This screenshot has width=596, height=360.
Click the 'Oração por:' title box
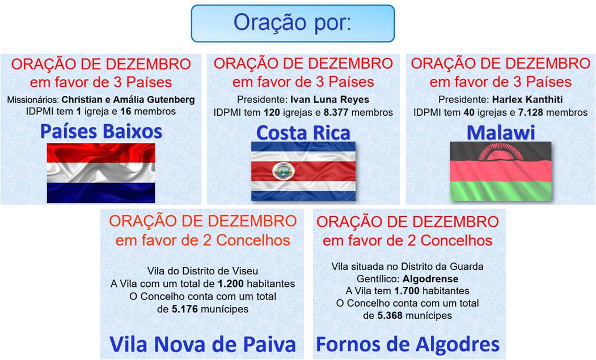pos(293,23)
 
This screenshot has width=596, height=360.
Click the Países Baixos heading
pos(101,131)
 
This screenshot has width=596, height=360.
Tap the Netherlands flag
pos(101,173)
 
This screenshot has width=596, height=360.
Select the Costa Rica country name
pos(303,132)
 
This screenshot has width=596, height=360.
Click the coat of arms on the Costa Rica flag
pos(283,171)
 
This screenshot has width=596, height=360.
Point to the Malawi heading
pos(501,132)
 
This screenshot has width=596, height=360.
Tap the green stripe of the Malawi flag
pos(501,190)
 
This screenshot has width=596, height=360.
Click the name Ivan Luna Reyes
pos(329,100)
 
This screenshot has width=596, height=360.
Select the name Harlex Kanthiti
pos(527,100)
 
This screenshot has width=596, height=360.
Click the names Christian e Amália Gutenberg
pos(128,100)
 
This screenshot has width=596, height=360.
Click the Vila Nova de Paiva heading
pos(202,344)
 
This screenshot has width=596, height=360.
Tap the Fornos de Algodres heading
pos(408,344)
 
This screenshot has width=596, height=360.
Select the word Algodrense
pos(430,279)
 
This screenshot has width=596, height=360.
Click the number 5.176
pos(185,310)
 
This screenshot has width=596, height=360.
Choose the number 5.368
pos(390,316)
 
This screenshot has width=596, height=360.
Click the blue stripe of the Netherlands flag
pos(101,193)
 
